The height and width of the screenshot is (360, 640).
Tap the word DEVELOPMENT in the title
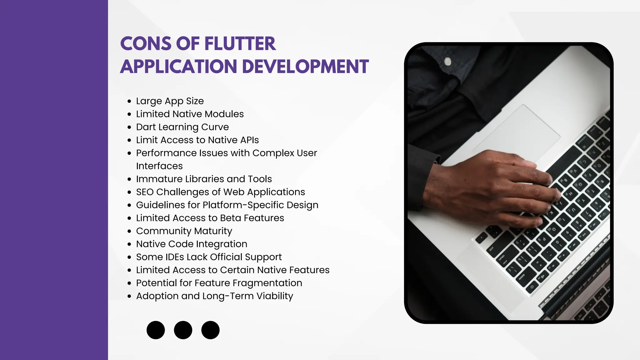pyautogui.click(x=305, y=67)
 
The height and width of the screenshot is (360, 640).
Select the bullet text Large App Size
pyautogui.click(x=170, y=101)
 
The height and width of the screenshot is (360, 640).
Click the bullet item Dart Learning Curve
pyautogui.click(x=182, y=127)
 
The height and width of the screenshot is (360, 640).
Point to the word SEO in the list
pyautogui.click(x=145, y=192)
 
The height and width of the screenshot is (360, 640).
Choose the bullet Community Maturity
pyautogui.click(x=184, y=231)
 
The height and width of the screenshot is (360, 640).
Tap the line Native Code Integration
pyautogui.click(x=192, y=244)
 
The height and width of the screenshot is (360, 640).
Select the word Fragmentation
pyautogui.click(x=267, y=283)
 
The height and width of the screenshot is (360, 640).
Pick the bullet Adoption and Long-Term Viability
pyautogui.click(x=214, y=296)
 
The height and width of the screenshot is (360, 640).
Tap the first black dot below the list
pyautogui.click(x=156, y=330)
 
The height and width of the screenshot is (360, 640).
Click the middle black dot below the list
pyautogui.click(x=183, y=330)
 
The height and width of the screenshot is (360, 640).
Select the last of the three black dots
pyautogui.click(x=210, y=330)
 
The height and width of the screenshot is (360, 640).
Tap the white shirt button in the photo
pyautogui.click(x=448, y=61)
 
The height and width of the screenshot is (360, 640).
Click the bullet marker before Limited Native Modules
pyautogui.click(x=129, y=114)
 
